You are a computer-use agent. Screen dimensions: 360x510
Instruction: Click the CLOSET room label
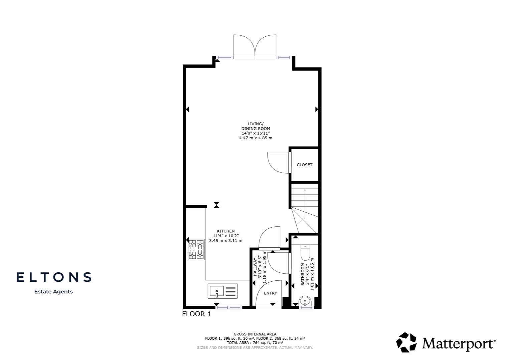pos(304,165)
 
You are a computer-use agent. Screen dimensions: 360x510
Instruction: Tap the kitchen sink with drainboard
pos(222,291)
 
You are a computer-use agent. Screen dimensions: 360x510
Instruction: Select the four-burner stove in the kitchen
pos(196,249)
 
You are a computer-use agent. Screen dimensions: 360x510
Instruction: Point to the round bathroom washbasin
pos(306,301)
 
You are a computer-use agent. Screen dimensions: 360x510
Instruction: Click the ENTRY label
pos(270,293)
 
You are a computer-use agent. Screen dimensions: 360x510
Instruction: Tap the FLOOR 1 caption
pos(197,314)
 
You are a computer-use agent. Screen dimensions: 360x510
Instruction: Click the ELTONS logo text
pos(54,277)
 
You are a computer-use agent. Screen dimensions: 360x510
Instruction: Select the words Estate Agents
pos(53,292)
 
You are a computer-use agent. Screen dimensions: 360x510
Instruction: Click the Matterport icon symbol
pos(406,342)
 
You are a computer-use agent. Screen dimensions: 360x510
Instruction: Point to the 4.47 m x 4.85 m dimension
pos(256,138)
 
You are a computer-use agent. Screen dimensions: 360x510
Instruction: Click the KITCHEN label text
pos(226,231)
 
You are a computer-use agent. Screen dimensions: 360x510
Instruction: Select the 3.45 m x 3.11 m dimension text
pos(226,241)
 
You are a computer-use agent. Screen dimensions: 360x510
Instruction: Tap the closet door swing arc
pos(276,162)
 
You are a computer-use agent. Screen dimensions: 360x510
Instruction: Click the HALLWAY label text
pos(256,267)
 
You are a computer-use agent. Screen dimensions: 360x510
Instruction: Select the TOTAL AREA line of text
pos(255,343)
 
